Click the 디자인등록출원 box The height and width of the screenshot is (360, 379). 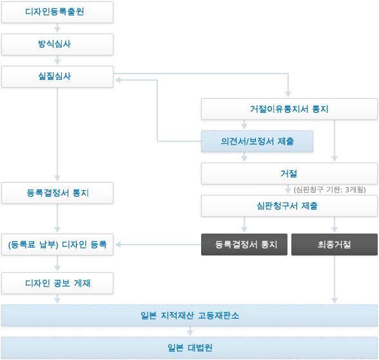[x=57, y=12]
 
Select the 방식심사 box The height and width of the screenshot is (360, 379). [x=57, y=45]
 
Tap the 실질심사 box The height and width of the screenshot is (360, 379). [x=57, y=77]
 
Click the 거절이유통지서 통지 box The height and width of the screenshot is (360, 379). [x=289, y=109]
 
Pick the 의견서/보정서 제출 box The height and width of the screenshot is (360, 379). [x=257, y=141]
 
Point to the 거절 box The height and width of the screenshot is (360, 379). [x=289, y=174]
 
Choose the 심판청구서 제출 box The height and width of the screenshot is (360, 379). [x=289, y=206]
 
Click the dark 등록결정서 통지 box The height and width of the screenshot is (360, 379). [x=244, y=245]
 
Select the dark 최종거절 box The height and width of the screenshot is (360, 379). [x=335, y=245]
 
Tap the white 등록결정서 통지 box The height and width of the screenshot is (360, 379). [x=57, y=193]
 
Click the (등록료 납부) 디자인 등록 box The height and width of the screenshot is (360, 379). [x=57, y=245]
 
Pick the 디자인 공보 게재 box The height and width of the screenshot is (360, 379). [x=57, y=283]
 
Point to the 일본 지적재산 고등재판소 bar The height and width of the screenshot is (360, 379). [x=189, y=315]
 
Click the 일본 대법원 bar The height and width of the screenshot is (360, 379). [x=189, y=348]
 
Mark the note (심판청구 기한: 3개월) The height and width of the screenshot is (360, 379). [x=330, y=190]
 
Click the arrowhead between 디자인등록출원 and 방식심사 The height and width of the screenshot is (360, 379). [x=57, y=30]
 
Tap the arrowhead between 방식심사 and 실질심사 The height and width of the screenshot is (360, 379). [x=57, y=62]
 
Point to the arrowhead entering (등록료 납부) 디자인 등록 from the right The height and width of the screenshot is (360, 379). [x=118, y=245]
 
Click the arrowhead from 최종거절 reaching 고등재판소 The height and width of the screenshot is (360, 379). [x=335, y=301]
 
